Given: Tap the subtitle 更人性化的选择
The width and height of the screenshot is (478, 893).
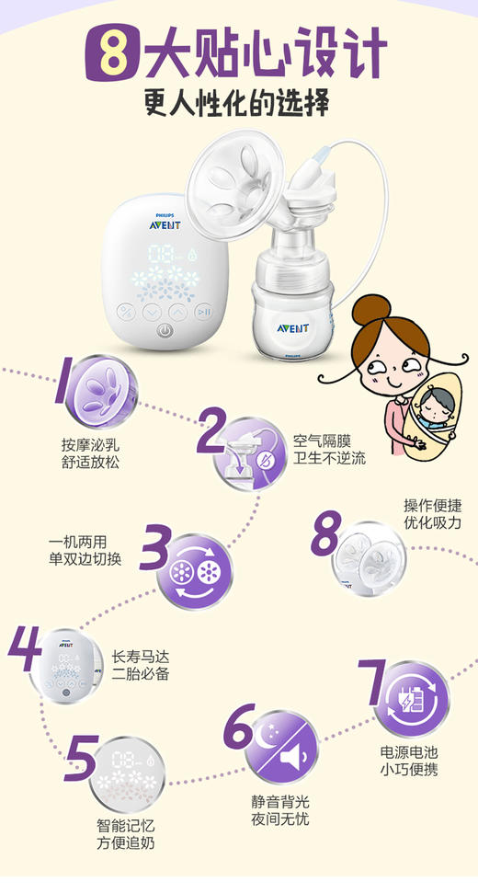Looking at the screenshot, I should click(237, 102).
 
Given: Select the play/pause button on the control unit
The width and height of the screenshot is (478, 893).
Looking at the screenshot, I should click(204, 312).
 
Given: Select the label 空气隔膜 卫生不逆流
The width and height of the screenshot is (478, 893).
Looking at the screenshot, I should click(328, 450).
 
